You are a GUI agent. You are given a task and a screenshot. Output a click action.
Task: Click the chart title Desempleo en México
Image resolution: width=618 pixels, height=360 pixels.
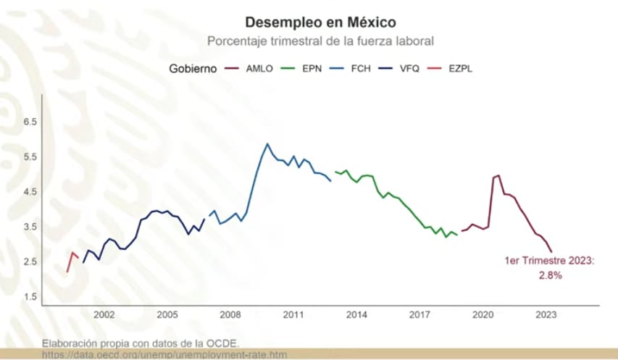[x=320, y=22]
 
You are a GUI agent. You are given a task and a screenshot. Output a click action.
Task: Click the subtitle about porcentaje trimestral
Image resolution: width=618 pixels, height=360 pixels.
[x=320, y=41]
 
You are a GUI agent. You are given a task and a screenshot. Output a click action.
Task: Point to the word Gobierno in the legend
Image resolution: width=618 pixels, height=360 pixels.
[x=192, y=69]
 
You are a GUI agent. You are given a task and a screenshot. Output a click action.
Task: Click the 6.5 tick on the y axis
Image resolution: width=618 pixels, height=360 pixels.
[x=30, y=122]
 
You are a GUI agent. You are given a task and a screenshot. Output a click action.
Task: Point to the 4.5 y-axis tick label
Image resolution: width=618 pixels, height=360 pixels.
[x=30, y=192]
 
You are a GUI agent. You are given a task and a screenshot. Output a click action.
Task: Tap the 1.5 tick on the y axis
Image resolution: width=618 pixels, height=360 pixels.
[x=30, y=297]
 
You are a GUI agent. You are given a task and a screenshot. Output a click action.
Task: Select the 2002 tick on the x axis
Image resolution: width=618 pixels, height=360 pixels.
[x=104, y=315]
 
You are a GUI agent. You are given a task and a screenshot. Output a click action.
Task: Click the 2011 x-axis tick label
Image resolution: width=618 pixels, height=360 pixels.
[x=293, y=315]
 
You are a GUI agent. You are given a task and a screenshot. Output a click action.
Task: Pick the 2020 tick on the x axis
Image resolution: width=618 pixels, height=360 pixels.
[x=483, y=315]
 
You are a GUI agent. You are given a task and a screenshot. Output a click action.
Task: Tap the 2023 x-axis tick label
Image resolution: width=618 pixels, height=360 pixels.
[x=546, y=315]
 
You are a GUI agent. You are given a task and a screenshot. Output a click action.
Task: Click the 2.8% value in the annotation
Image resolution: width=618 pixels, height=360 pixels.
[x=550, y=276]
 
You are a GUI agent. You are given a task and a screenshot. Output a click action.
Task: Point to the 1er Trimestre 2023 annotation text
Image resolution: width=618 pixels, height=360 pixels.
[x=549, y=261]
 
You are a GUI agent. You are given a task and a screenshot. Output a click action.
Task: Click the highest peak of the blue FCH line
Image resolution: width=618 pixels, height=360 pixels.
[x=267, y=143]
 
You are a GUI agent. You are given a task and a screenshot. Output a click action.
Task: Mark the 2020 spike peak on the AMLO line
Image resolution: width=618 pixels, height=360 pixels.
[x=498, y=175]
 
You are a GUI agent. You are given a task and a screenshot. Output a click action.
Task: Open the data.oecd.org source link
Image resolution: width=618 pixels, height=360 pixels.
[x=164, y=354]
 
